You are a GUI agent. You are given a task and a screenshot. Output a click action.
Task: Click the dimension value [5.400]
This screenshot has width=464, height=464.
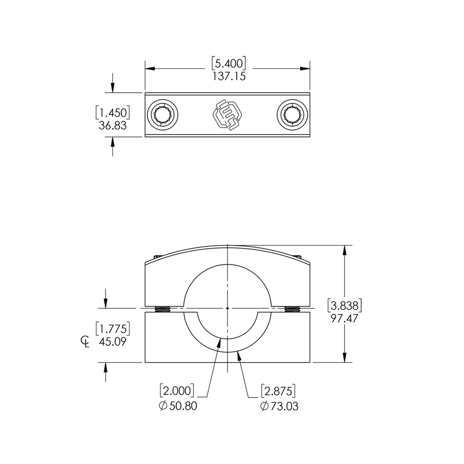coord(229,63)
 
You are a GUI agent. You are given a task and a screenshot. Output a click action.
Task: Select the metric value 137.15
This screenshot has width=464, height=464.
coord(229,76)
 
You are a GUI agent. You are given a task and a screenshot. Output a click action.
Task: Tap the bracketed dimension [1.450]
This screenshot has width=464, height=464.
coord(113,112)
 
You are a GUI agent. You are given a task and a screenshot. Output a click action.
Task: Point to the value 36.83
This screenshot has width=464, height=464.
coord(113,126)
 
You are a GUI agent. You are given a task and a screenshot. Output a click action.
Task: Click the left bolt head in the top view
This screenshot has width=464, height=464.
coord(163,114)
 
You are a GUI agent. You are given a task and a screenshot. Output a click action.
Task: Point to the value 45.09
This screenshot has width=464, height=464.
coord(113,341)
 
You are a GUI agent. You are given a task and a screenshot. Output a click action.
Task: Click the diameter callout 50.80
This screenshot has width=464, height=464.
coord(178,406)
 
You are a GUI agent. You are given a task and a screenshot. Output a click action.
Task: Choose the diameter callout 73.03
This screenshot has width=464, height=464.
coord(279,406)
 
